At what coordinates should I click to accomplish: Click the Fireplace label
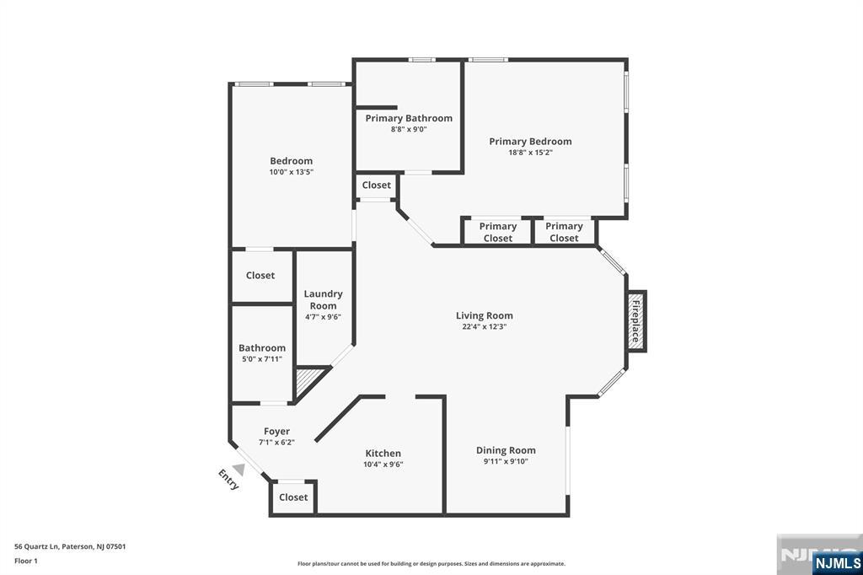click(x=635, y=321)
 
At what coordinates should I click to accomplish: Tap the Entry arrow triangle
click(x=239, y=470)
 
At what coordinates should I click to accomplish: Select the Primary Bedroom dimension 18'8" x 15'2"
click(x=530, y=153)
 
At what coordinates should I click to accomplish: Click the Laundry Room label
click(x=323, y=299)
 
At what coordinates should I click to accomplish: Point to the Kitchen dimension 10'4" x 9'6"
click(x=383, y=465)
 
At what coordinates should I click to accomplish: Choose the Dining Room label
click(x=506, y=450)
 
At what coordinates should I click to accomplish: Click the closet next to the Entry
click(x=293, y=497)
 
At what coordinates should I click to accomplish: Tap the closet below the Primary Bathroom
click(x=377, y=185)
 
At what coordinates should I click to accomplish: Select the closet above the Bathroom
click(x=260, y=275)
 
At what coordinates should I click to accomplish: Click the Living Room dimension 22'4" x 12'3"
click(x=485, y=326)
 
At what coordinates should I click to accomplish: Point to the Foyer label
click(x=276, y=432)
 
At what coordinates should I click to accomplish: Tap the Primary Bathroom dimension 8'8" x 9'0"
click(x=409, y=130)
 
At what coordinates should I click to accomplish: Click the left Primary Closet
click(x=497, y=232)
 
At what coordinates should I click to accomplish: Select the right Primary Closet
click(x=564, y=232)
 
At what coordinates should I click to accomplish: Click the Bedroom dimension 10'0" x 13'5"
click(x=291, y=172)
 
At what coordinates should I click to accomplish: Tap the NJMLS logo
click(x=837, y=563)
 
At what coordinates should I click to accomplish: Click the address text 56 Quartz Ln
click(x=37, y=547)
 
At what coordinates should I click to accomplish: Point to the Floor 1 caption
click(x=26, y=562)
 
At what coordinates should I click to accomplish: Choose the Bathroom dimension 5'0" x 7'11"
click(x=262, y=359)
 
